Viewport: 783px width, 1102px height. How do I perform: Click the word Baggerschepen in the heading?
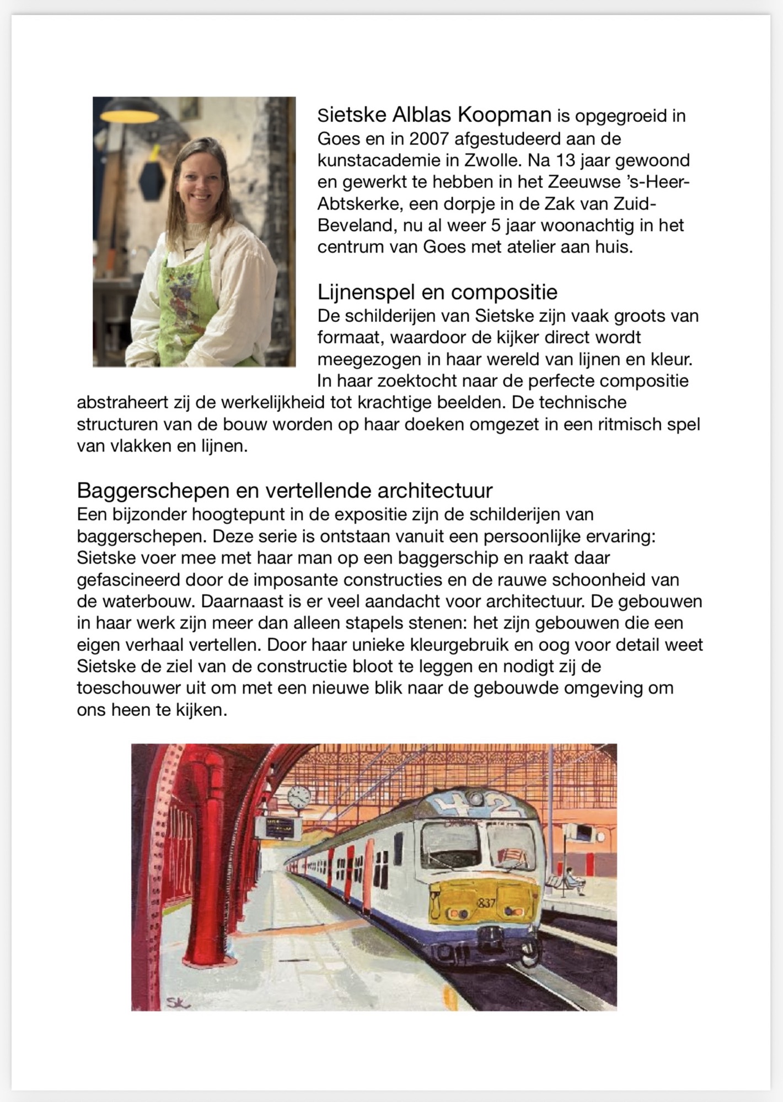153,490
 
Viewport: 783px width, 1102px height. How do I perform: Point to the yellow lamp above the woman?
130,115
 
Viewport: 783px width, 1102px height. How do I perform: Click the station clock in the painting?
299,796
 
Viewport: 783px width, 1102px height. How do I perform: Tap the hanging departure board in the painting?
280,828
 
